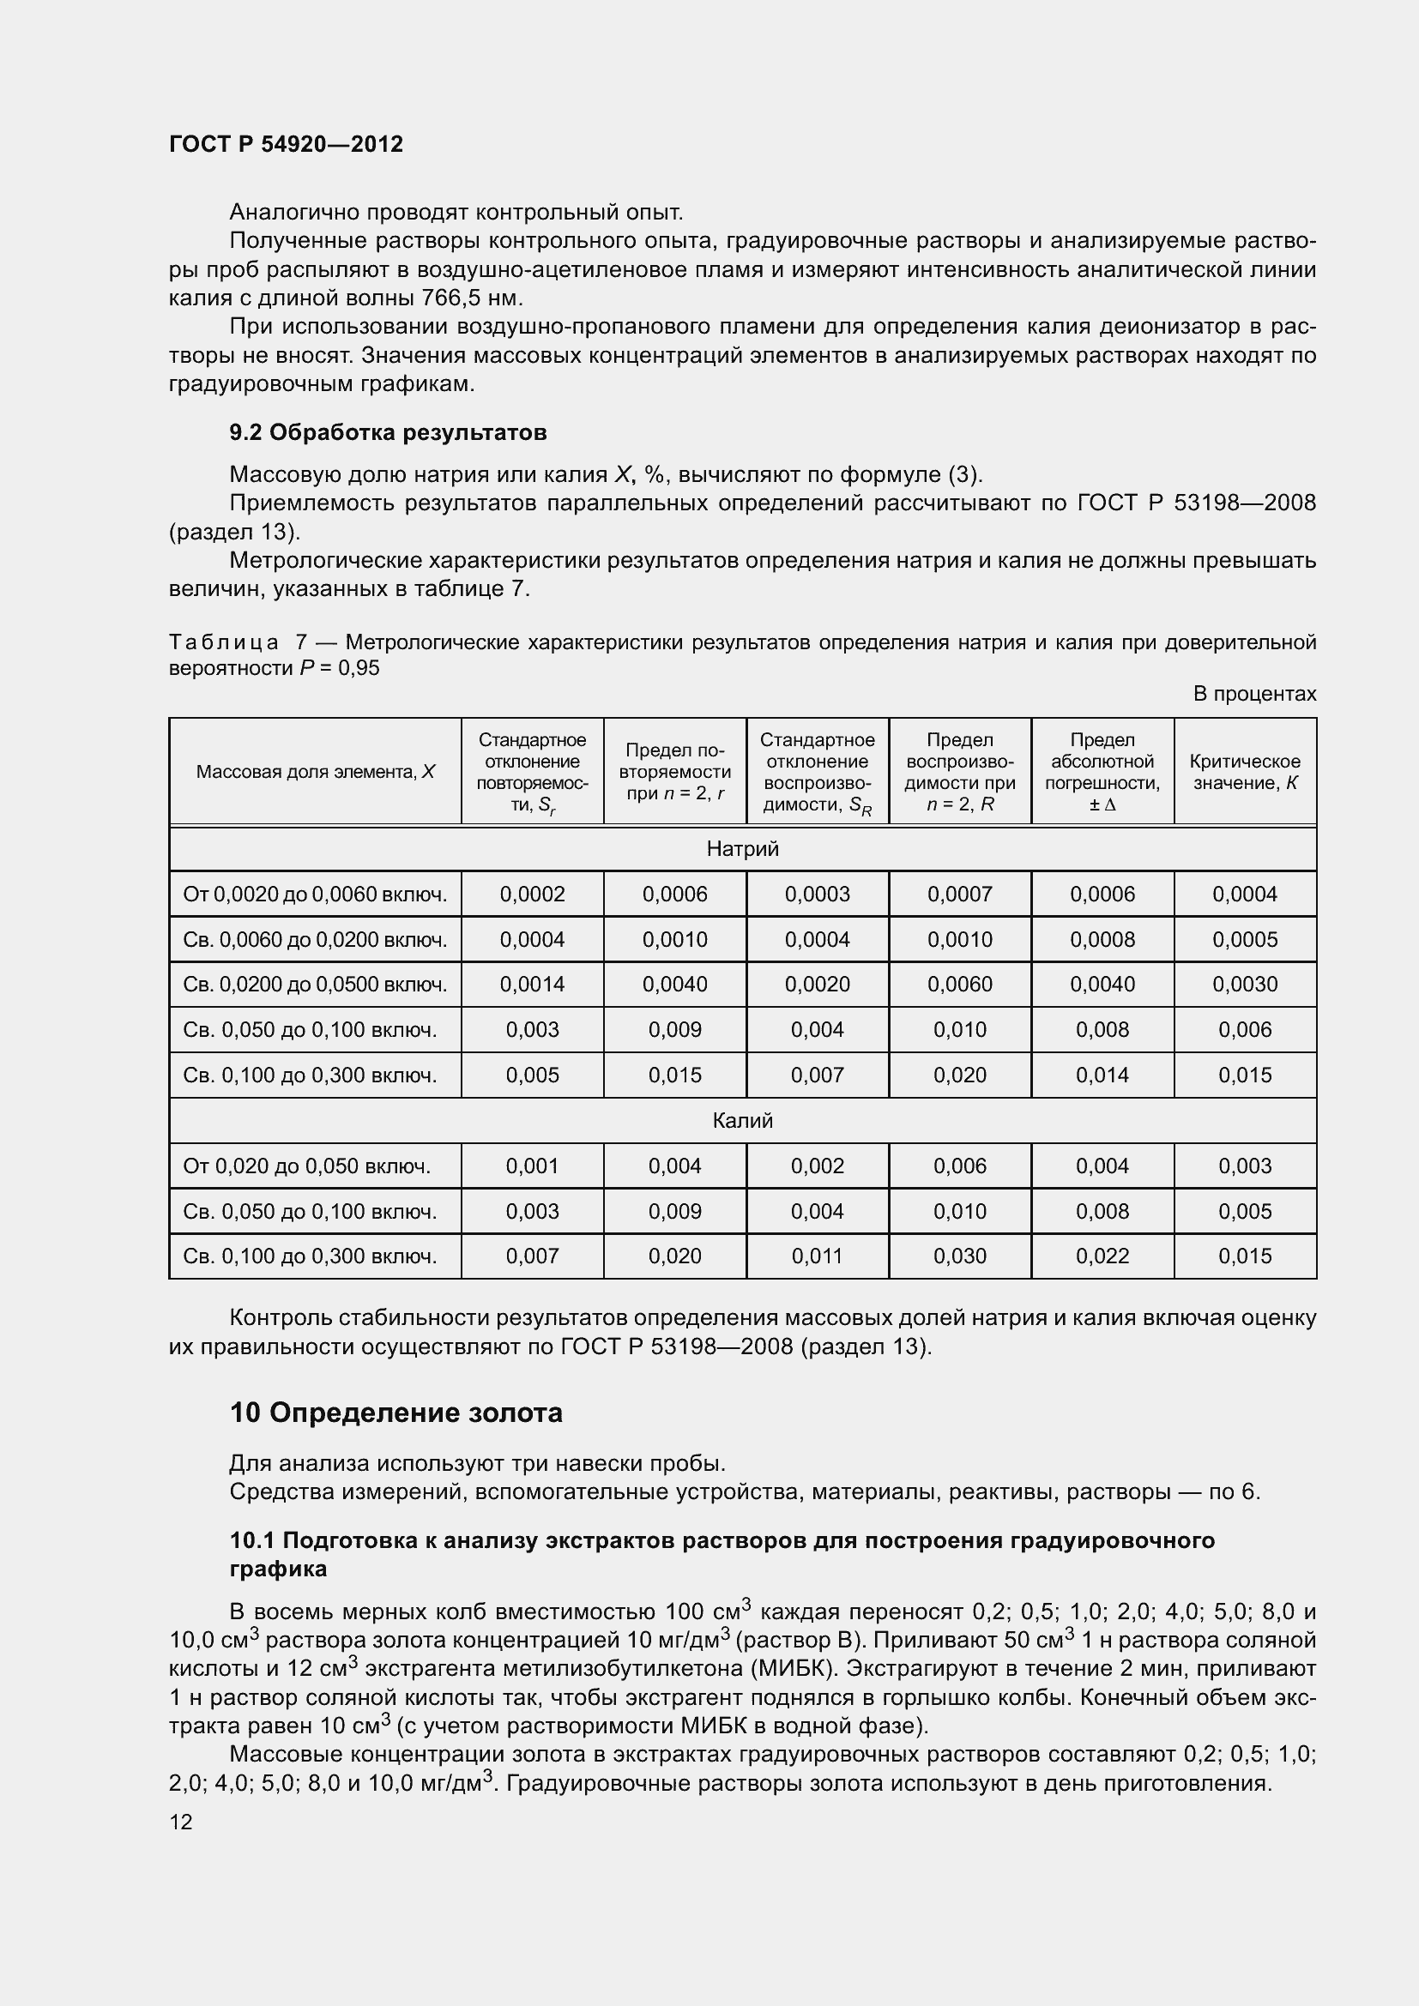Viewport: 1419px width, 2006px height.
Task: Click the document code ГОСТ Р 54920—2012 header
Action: (x=286, y=144)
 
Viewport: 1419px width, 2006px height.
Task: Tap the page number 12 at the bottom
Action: (x=181, y=1822)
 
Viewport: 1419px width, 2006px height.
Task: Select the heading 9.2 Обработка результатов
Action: (x=388, y=432)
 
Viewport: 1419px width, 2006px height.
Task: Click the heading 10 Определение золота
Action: (x=396, y=1413)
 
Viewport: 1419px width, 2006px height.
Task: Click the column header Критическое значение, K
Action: (x=1244, y=773)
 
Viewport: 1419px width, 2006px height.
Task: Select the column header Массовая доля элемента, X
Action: (x=315, y=773)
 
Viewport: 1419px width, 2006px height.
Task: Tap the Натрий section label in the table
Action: (x=742, y=849)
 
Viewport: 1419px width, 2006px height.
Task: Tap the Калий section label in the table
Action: (x=742, y=1121)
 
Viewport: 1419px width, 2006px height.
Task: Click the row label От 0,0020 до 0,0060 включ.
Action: (x=315, y=895)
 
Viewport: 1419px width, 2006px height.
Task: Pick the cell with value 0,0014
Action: (x=532, y=985)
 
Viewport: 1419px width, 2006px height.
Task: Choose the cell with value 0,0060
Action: (x=959, y=985)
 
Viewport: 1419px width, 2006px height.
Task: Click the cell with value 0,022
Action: (x=1102, y=1256)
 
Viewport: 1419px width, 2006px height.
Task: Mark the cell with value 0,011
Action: (x=817, y=1256)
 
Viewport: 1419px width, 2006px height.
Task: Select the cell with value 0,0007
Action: (x=959, y=895)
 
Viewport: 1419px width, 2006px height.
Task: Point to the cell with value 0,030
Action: (x=959, y=1256)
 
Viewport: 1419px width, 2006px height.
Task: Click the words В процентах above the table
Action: (x=1254, y=694)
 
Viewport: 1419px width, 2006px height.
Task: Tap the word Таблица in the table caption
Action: (x=224, y=643)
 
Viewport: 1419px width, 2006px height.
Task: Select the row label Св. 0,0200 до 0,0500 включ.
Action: (x=315, y=985)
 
